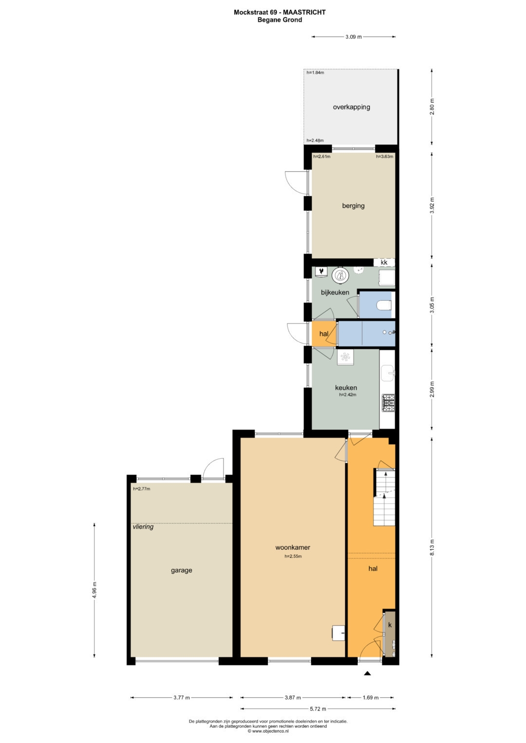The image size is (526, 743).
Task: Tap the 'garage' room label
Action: tap(181, 571)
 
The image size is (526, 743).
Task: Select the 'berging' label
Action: tap(353, 206)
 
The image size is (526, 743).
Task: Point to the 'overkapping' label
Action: tap(351, 107)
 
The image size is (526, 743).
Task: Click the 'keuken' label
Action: tap(346, 387)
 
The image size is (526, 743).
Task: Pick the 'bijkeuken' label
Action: tap(335, 292)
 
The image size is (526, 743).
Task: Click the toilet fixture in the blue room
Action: tap(385, 304)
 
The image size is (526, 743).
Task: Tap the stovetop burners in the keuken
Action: tap(388, 403)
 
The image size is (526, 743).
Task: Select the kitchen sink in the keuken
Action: tap(388, 373)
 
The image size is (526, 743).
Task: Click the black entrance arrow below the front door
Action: tap(367, 673)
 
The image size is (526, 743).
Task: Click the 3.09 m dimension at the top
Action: tap(353, 37)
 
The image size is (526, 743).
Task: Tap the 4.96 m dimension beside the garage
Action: tap(94, 590)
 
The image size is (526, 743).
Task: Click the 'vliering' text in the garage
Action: tap(143, 526)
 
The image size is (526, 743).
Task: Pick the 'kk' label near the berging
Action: tap(384, 262)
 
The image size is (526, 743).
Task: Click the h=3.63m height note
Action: tap(385, 157)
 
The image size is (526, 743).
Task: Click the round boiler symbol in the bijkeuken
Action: tap(340, 275)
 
